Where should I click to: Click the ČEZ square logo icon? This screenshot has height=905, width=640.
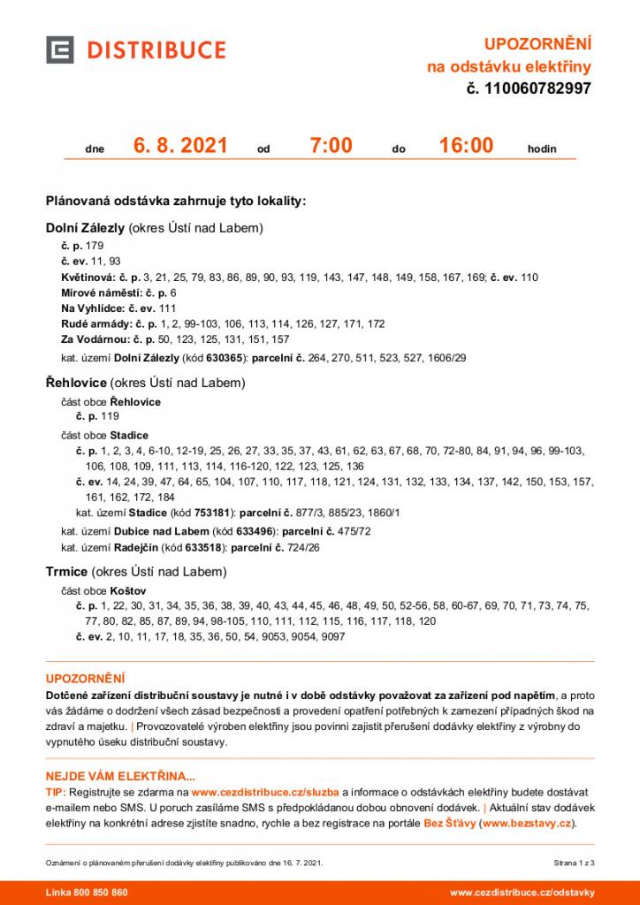[x=60, y=49]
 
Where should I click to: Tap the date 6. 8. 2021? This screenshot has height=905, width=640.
[x=180, y=146]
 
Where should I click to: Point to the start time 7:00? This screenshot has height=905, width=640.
[x=331, y=146]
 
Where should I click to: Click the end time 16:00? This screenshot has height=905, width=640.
[x=466, y=146]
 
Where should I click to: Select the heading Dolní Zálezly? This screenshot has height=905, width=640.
[x=85, y=228]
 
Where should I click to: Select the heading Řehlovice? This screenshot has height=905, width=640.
[x=76, y=384]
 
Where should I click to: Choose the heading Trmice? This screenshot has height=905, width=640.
[x=65, y=572]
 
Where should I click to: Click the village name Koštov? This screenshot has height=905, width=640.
[x=128, y=589]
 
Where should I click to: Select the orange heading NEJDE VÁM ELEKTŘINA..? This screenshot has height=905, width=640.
[x=120, y=777]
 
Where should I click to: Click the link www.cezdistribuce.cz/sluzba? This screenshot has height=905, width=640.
[x=266, y=793]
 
